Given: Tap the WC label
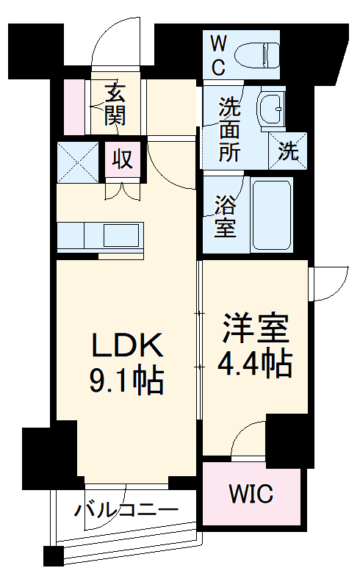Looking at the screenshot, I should click(220, 53).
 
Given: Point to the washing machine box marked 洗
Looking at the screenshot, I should click(288, 151).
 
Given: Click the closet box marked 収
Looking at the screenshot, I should click(123, 159).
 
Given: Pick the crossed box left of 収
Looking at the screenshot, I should click(78, 159).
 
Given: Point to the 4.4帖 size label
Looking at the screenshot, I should click(254, 363).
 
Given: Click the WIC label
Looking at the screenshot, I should click(251, 493).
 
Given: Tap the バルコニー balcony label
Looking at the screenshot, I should click(126, 509).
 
